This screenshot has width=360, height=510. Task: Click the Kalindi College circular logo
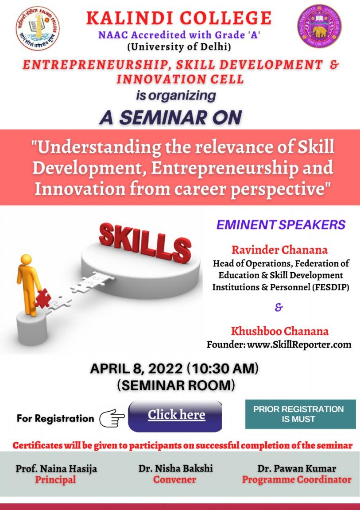click(38, 29)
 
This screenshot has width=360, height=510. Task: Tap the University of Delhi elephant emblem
click(319, 26)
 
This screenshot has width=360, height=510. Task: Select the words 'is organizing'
click(176, 96)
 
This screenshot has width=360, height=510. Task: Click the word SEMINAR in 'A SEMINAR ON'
click(163, 117)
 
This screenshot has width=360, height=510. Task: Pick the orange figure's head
click(26, 260)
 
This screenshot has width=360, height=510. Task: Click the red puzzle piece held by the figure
click(43, 297)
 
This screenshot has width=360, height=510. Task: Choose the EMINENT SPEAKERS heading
click(281, 225)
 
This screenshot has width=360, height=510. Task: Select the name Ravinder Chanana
click(280, 250)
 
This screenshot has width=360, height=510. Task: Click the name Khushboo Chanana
click(280, 331)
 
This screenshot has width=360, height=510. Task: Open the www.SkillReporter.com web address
click(299, 344)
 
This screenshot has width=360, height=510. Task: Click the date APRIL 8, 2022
click(136, 369)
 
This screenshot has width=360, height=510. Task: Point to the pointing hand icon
click(112, 418)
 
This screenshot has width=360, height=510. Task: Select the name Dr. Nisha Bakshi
click(176, 468)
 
